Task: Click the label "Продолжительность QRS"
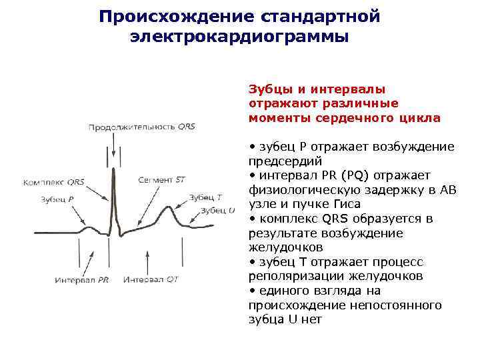(141, 126)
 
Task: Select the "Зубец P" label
(57, 199)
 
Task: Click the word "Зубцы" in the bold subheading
(267, 89)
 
